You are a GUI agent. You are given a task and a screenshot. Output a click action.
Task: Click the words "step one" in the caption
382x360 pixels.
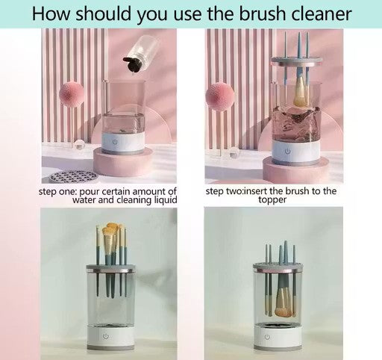(x=57, y=192)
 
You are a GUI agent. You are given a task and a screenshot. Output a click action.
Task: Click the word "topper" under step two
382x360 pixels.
(x=272, y=200)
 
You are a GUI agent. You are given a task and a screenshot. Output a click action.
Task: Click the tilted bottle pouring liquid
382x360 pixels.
(x=133, y=49)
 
